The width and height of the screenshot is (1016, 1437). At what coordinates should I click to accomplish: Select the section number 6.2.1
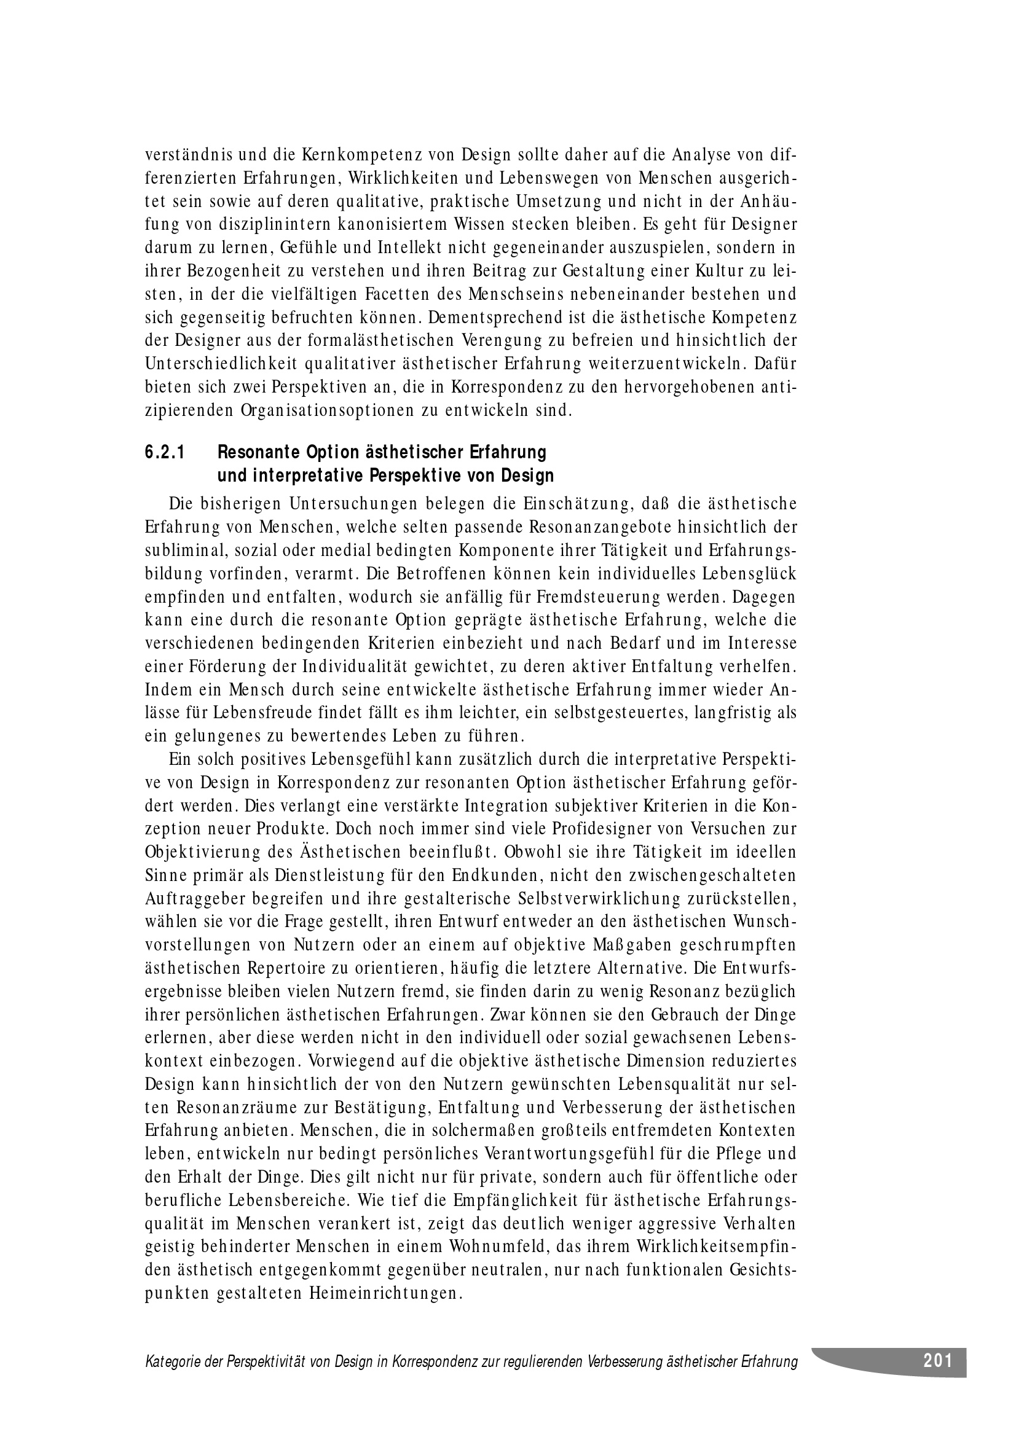point(165,453)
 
